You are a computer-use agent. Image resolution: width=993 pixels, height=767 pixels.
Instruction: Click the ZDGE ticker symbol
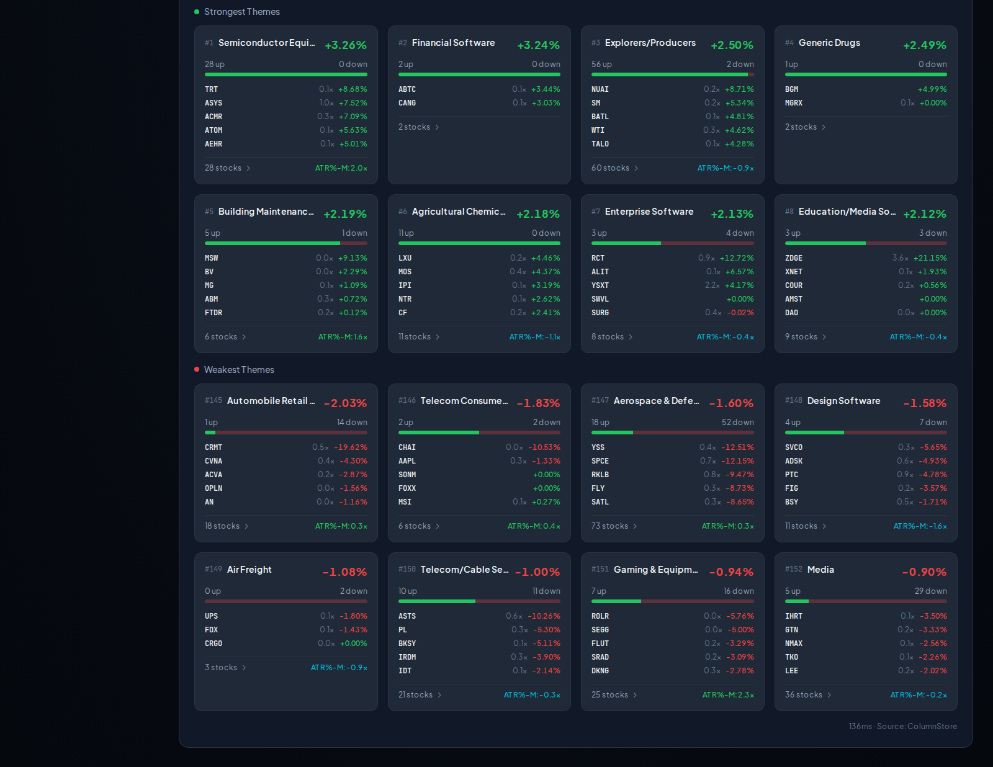(x=793, y=258)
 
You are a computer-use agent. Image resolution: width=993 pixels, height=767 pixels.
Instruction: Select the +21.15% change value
(x=930, y=258)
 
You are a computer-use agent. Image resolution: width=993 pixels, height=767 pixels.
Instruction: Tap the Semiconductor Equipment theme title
(x=266, y=42)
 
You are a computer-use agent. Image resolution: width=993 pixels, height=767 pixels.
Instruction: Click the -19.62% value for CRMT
(x=351, y=447)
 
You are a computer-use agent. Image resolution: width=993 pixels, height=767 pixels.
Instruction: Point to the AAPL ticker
(x=407, y=461)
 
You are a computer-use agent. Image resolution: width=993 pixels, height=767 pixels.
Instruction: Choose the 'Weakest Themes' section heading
(x=239, y=370)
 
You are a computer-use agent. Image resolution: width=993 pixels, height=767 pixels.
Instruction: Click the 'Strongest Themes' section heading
(x=242, y=11)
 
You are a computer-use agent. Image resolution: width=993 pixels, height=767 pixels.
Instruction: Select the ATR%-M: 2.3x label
(x=728, y=695)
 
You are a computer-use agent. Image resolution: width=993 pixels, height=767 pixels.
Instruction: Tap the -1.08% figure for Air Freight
(x=344, y=572)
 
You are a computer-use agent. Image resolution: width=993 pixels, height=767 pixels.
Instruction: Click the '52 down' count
(x=737, y=422)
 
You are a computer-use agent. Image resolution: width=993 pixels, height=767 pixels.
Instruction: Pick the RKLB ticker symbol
(x=600, y=475)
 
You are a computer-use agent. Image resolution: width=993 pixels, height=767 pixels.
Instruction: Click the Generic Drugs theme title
(x=829, y=42)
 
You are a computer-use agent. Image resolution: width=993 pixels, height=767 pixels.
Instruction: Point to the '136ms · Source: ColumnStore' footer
(x=902, y=726)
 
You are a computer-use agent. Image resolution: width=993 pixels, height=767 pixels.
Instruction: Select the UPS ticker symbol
(x=211, y=616)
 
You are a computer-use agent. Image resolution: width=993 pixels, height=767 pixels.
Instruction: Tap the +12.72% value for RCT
(x=737, y=258)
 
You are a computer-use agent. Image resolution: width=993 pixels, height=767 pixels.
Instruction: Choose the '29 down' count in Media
(x=930, y=591)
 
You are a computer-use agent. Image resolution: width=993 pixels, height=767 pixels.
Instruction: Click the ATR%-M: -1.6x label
(x=920, y=526)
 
